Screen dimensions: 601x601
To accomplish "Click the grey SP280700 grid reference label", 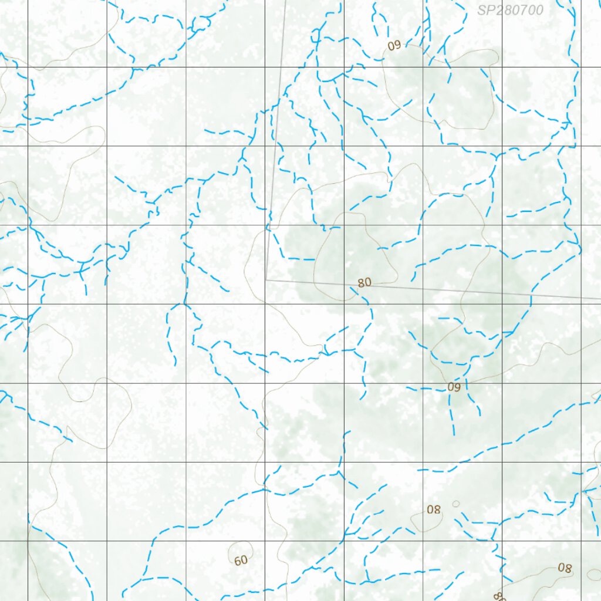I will click(510, 10).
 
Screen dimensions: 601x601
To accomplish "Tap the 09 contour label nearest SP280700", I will click(394, 46).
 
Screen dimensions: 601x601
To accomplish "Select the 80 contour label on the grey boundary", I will click(364, 282).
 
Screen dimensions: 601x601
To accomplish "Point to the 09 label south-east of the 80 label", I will click(454, 387).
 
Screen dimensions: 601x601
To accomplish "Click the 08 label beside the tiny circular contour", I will click(434, 509).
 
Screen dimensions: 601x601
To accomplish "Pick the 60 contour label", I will click(241, 561).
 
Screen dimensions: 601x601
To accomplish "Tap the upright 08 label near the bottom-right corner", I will click(565, 568).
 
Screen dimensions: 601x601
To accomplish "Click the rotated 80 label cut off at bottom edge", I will click(499, 596).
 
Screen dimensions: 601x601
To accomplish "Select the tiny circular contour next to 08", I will click(456, 504).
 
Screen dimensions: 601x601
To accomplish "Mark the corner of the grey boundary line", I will click(266, 280).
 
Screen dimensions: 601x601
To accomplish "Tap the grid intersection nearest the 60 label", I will click(265, 541).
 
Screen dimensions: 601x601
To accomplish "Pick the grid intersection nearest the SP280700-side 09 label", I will click(423, 66).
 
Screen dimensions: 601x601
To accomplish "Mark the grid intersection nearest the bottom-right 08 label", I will click(581, 541).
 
